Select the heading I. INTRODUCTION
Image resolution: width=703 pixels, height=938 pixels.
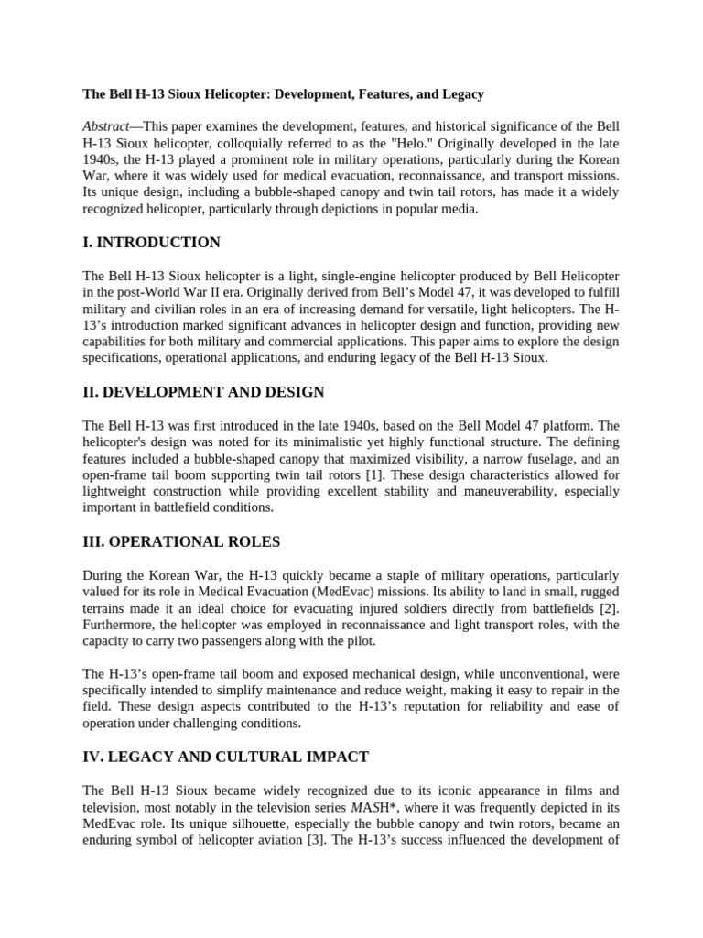(x=151, y=243)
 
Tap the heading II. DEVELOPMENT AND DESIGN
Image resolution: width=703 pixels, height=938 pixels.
(x=203, y=392)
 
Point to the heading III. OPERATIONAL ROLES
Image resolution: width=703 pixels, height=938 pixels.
(x=181, y=541)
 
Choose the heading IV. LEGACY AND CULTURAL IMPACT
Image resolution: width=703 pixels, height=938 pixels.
(x=225, y=757)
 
